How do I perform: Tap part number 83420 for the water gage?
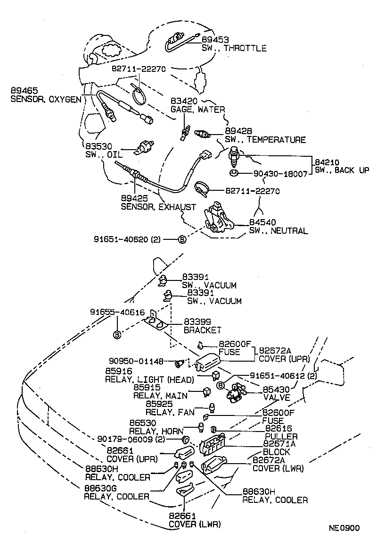click(x=184, y=101)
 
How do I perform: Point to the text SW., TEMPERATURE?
click(x=265, y=140)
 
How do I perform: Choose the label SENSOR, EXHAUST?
click(x=158, y=207)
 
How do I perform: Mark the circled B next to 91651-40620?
click(x=182, y=240)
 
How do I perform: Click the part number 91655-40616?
click(x=117, y=313)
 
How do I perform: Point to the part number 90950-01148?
click(x=140, y=362)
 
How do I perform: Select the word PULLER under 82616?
click(x=281, y=436)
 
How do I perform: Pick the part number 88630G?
click(x=101, y=488)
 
